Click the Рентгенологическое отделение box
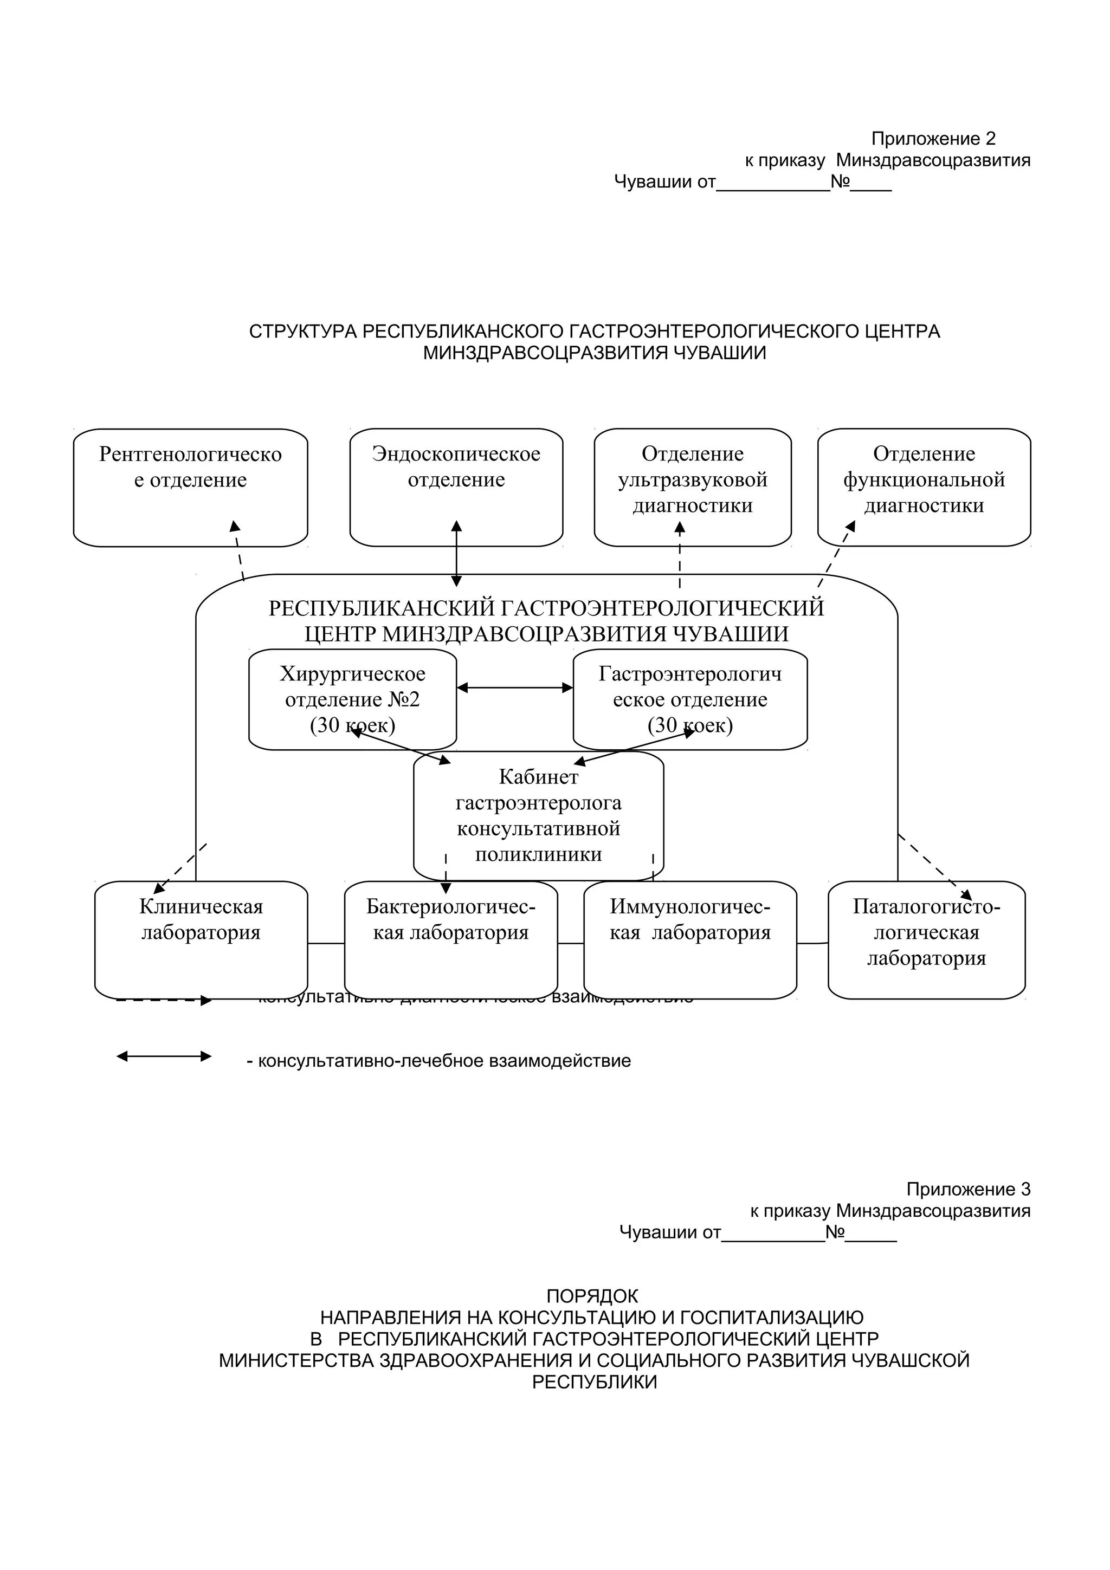[x=190, y=487]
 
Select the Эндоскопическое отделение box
[x=456, y=487]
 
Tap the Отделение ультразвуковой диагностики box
[x=692, y=487]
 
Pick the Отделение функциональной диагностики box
[x=924, y=487]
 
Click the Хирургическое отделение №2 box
[x=352, y=699]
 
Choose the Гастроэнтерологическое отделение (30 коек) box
[x=689, y=699]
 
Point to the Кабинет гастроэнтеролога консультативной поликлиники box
[x=538, y=815]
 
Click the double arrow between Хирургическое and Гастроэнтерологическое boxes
[x=514, y=687]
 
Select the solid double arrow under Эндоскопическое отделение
[x=457, y=554]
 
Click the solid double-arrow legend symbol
[x=164, y=1056]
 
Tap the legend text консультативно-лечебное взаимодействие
[x=438, y=1061]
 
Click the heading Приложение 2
[x=933, y=139]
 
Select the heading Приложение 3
[x=968, y=1189]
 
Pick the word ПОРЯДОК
[x=592, y=1296]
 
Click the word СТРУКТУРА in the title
[x=302, y=332]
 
